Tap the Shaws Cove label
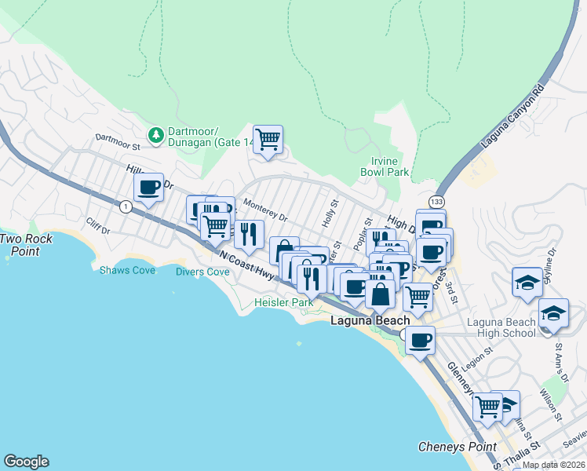[120, 270]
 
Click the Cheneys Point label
[457, 447]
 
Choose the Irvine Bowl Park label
[385, 166]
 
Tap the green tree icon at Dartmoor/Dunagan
[156, 134]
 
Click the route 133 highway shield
[436, 202]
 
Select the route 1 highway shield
[126, 206]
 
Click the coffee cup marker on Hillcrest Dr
[148, 188]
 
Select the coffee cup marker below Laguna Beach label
[421, 341]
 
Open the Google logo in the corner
[26, 462]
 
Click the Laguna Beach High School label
[501, 327]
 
